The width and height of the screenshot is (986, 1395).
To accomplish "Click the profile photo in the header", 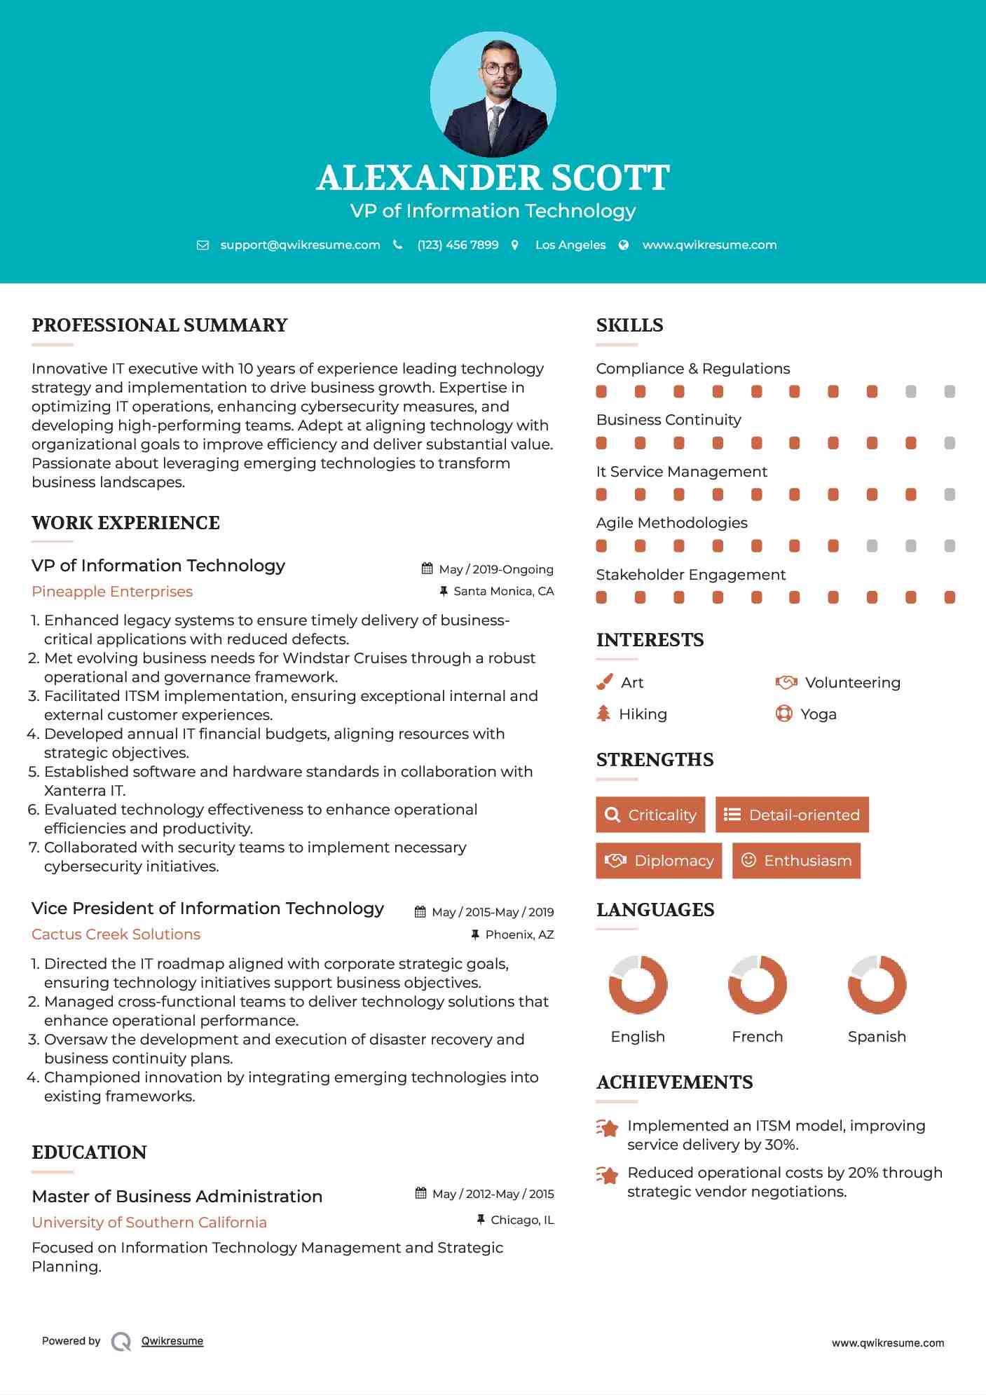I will click(x=493, y=94).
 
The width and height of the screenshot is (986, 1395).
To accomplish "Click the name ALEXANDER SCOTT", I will click(x=493, y=178).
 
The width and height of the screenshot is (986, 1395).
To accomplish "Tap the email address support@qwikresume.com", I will click(x=300, y=245).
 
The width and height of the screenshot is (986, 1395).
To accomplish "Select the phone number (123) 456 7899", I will click(x=458, y=245).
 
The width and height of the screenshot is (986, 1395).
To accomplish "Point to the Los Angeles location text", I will click(x=570, y=245).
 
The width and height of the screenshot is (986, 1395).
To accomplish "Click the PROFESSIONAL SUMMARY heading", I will click(x=160, y=325).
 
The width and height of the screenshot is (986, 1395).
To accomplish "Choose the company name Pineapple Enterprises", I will click(x=112, y=592).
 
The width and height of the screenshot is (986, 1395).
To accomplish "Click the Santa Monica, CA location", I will click(x=503, y=592).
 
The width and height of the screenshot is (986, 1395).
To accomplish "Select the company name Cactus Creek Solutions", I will click(x=116, y=934).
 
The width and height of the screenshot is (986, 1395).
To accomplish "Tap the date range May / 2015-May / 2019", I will click(x=493, y=912).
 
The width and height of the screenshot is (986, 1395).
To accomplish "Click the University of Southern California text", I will click(x=149, y=1223).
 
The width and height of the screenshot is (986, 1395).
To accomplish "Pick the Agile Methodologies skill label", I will click(x=671, y=523).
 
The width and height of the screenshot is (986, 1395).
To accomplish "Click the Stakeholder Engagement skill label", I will click(x=690, y=575).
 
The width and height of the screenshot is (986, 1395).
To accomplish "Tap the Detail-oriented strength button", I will click(x=792, y=815).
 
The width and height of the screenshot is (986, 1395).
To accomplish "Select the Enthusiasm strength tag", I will click(x=796, y=861).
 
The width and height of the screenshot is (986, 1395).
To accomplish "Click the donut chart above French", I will click(x=758, y=984).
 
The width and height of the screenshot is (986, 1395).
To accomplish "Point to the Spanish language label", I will click(x=877, y=1037).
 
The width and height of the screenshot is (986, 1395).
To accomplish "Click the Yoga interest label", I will click(x=819, y=714).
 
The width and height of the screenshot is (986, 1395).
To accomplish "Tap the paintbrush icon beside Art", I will click(x=604, y=682).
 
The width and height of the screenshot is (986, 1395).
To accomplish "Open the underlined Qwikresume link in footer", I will click(x=172, y=1341).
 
